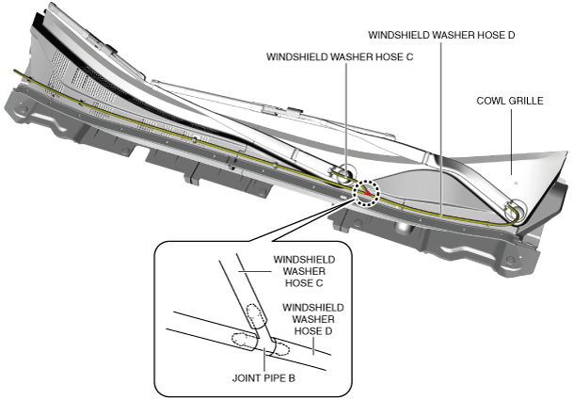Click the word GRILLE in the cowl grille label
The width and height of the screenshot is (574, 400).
click(x=523, y=100)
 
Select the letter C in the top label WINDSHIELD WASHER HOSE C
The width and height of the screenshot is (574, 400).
click(x=409, y=56)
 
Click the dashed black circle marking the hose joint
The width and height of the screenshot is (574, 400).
click(x=366, y=192)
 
